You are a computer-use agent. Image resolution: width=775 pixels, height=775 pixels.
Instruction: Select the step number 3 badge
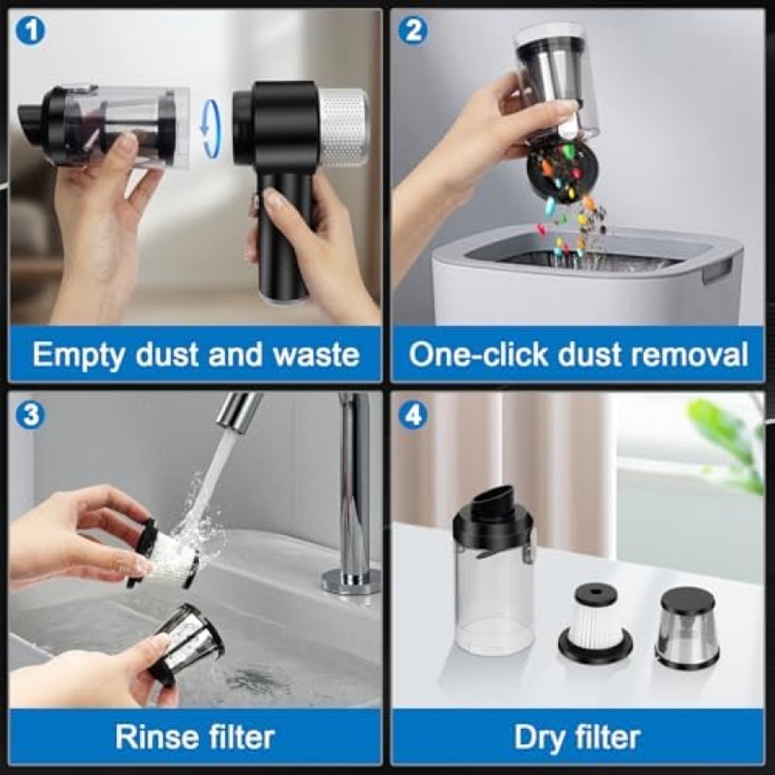tap(30, 415)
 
